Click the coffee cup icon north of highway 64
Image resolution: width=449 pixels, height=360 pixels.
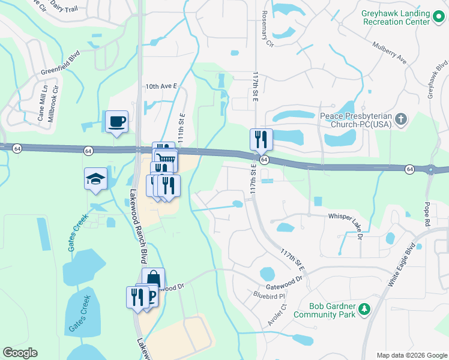[116, 121]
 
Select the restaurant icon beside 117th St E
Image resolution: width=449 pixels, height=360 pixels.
[261, 139]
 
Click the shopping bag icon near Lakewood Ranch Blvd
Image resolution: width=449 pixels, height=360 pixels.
[153, 279]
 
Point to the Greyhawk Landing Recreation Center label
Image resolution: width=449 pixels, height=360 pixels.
[396, 17]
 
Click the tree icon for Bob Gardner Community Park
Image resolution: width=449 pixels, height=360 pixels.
[364, 310]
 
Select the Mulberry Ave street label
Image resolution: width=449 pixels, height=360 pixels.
[389, 53]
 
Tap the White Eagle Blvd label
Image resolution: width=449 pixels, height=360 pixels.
[402, 264]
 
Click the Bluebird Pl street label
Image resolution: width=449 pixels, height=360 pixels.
[268, 295]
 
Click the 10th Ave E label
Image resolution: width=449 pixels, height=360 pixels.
[161, 86]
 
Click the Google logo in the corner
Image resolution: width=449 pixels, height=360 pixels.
[20, 353]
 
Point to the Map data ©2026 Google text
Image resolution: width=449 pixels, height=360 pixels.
[412, 355]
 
